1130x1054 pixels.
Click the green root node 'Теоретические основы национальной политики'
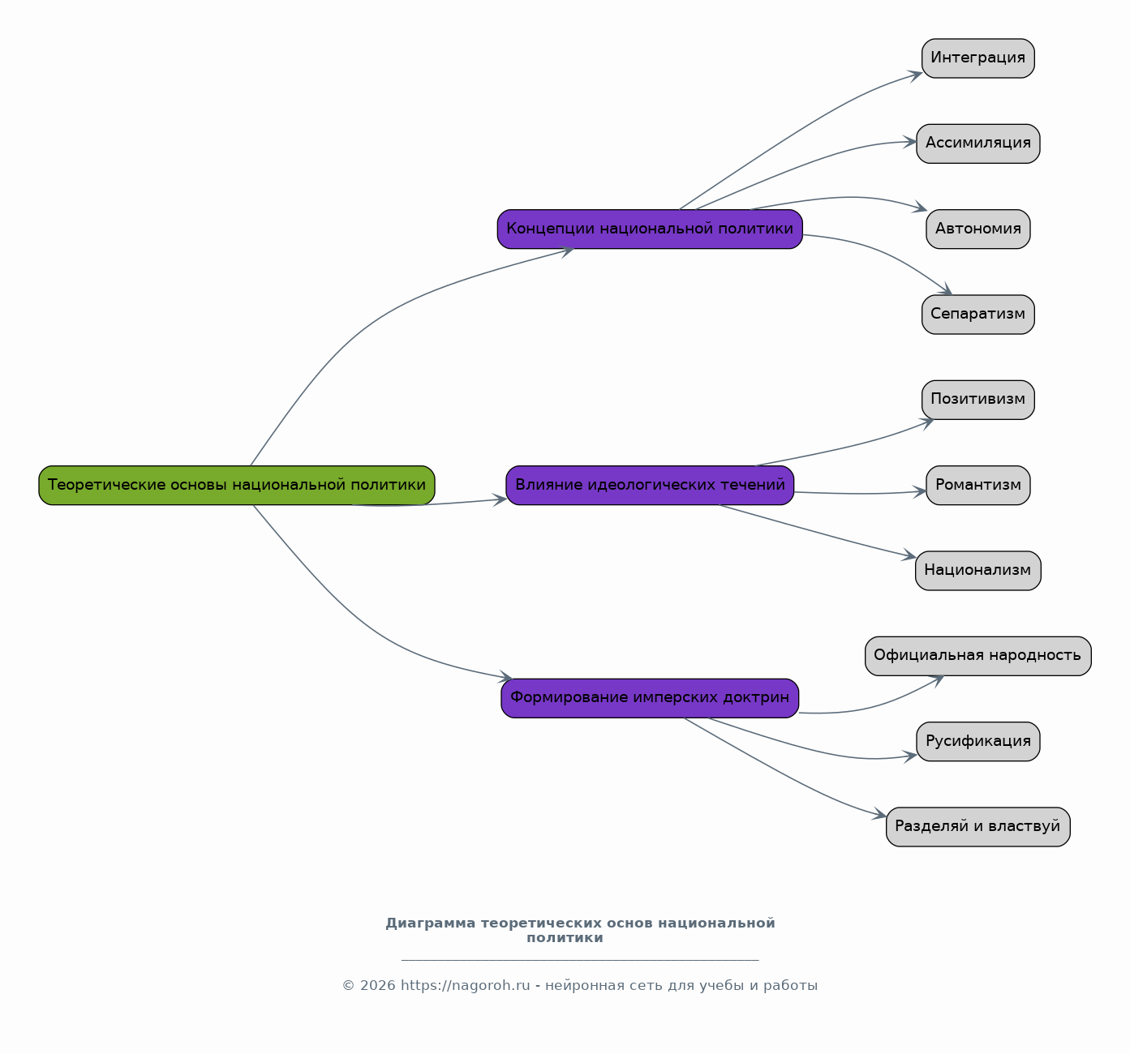pyautogui.click(x=236, y=485)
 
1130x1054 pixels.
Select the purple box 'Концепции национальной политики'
pyautogui.click(x=650, y=229)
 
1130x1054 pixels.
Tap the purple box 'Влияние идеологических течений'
pyautogui.click(x=650, y=485)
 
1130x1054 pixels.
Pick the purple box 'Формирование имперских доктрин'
pyautogui.click(x=650, y=698)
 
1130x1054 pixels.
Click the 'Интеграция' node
pyautogui.click(x=978, y=58)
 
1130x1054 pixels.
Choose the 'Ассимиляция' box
pyautogui.click(x=978, y=144)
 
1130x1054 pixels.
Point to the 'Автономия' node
pyautogui.click(x=978, y=229)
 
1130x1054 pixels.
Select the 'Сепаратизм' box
pyautogui.click(x=978, y=315)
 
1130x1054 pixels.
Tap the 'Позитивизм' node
pyautogui.click(x=978, y=400)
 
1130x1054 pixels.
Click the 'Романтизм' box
pyautogui.click(x=978, y=485)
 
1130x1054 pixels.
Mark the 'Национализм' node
pyautogui.click(x=978, y=571)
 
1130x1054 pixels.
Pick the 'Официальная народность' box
pyautogui.click(x=978, y=656)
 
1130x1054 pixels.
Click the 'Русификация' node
pyautogui.click(x=978, y=742)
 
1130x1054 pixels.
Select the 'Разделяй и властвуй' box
pyautogui.click(x=978, y=827)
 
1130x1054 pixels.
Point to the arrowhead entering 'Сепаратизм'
pyautogui.click(x=946, y=289)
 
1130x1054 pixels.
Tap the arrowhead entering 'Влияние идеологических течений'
pyautogui.click(x=501, y=500)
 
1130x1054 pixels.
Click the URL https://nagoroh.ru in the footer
pyautogui.click(x=465, y=985)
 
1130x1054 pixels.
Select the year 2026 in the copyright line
pyautogui.click(x=377, y=985)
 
